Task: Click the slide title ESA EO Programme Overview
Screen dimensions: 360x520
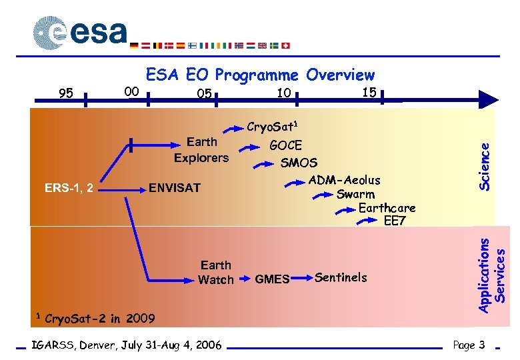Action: pos(260,75)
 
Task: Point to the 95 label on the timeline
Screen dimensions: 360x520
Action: pos(66,93)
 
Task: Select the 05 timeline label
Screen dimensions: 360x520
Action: pos(204,94)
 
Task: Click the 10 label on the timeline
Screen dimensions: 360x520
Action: pos(283,93)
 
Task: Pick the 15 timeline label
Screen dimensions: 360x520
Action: pos(369,91)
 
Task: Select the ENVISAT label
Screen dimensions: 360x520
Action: pos(174,187)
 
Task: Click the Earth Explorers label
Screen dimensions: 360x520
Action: pos(201,150)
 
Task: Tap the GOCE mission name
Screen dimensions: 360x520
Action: pos(285,145)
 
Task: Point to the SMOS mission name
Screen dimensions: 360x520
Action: pos(299,162)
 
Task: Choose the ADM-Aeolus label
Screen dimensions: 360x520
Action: pos(344,180)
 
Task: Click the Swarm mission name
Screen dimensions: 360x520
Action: pos(355,195)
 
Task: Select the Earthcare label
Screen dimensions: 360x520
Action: pos(387,208)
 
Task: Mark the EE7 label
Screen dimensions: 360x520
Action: pos(394,221)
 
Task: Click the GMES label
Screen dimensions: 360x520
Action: pos(272,279)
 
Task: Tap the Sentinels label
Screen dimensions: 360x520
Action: pos(341,277)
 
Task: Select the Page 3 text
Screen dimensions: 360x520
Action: pos(469,345)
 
